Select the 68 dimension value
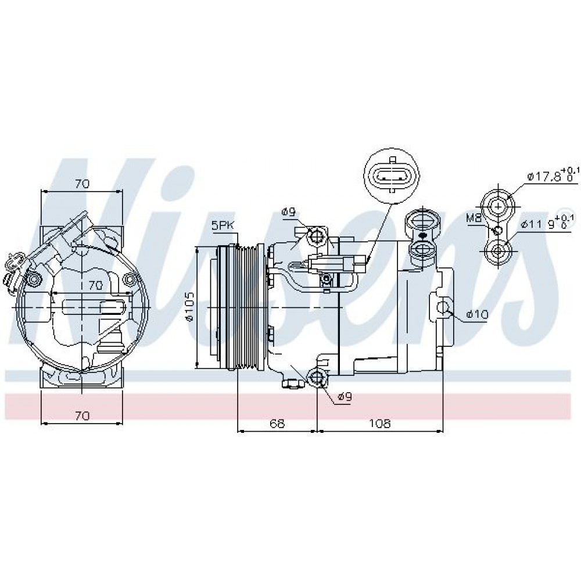(x=277, y=423)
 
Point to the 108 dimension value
(x=380, y=423)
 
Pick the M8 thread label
(x=474, y=218)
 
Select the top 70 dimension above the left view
(x=82, y=184)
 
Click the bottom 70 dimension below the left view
(x=82, y=415)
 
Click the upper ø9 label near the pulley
(x=288, y=212)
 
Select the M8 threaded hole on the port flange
(x=498, y=231)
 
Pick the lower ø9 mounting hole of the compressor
(x=318, y=377)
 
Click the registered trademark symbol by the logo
(x=575, y=221)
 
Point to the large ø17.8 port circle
(x=498, y=206)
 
